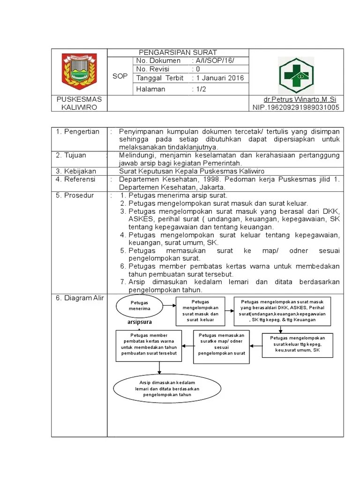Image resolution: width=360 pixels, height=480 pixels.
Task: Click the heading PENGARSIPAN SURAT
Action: (177, 52)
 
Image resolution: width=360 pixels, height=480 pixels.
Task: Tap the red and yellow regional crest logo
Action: (79, 71)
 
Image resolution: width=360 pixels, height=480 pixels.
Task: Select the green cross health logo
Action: (296, 75)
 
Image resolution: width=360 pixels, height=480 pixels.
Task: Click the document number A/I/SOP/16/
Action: (213, 61)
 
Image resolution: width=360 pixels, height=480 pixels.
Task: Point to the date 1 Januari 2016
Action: (220, 78)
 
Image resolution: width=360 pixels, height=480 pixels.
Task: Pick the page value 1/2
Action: (201, 89)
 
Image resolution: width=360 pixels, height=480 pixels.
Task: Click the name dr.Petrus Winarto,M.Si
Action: (300, 99)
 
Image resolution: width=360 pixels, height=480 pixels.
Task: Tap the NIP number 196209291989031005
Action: (295, 107)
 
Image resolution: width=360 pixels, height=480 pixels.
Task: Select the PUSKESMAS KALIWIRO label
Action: (79, 103)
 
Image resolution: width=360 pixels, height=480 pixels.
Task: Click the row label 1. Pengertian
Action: (78, 132)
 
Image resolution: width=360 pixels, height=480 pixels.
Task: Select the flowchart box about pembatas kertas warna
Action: (149, 346)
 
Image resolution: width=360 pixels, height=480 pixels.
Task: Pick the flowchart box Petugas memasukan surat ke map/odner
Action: (222, 346)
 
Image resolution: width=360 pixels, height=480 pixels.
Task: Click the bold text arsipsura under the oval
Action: (140, 322)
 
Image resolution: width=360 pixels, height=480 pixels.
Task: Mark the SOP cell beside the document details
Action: (120, 76)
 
